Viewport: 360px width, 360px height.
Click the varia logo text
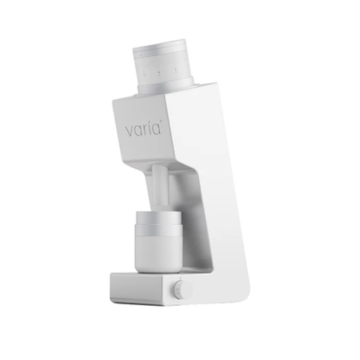pyautogui.click(x=144, y=129)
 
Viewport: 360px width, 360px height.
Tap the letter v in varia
pyautogui.click(x=129, y=131)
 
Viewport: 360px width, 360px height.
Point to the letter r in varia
pyautogui.click(x=146, y=130)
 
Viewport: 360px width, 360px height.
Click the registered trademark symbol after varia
pyautogui.click(x=162, y=121)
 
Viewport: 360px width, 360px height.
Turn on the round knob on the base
pyautogui.click(x=178, y=290)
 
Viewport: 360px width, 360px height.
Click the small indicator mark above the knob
pyautogui.click(x=180, y=278)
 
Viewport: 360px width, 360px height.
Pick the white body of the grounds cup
pyautogui.click(x=157, y=253)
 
